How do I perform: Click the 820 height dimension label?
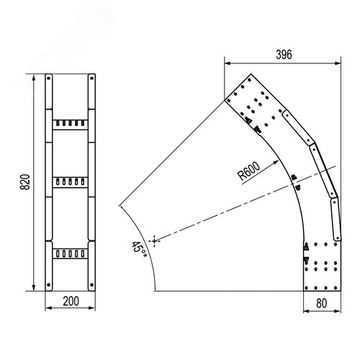click(x=25, y=182)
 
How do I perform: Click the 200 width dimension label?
click(x=71, y=301)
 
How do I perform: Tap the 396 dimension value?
click(x=284, y=55)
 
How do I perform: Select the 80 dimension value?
click(x=322, y=303)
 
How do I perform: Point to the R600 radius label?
click(x=248, y=171)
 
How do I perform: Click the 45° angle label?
click(x=139, y=250)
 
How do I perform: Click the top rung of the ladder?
click(x=70, y=125)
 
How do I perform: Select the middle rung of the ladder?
click(x=70, y=182)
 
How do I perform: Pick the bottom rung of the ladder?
click(x=70, y=253)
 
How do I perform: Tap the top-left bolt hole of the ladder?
click(x=49, y=78)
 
